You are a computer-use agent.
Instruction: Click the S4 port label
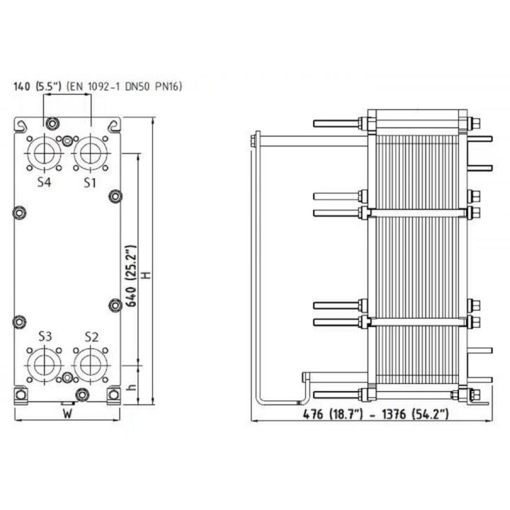click(x=44, y=182)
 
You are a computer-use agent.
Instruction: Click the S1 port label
click(x=90, y=183)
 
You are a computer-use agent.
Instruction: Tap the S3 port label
click(x=45, y=336)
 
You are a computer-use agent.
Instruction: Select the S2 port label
click(x=91, y=337)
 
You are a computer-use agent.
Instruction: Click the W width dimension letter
click(x=67, y=414)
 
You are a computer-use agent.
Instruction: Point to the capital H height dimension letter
click(x=147, y=275)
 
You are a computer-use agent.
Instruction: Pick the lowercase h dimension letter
click(x=132, y=387)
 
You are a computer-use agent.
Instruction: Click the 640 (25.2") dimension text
click(x=132, y=276)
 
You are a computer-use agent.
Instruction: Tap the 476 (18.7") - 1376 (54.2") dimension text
click(x=376, y=414)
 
